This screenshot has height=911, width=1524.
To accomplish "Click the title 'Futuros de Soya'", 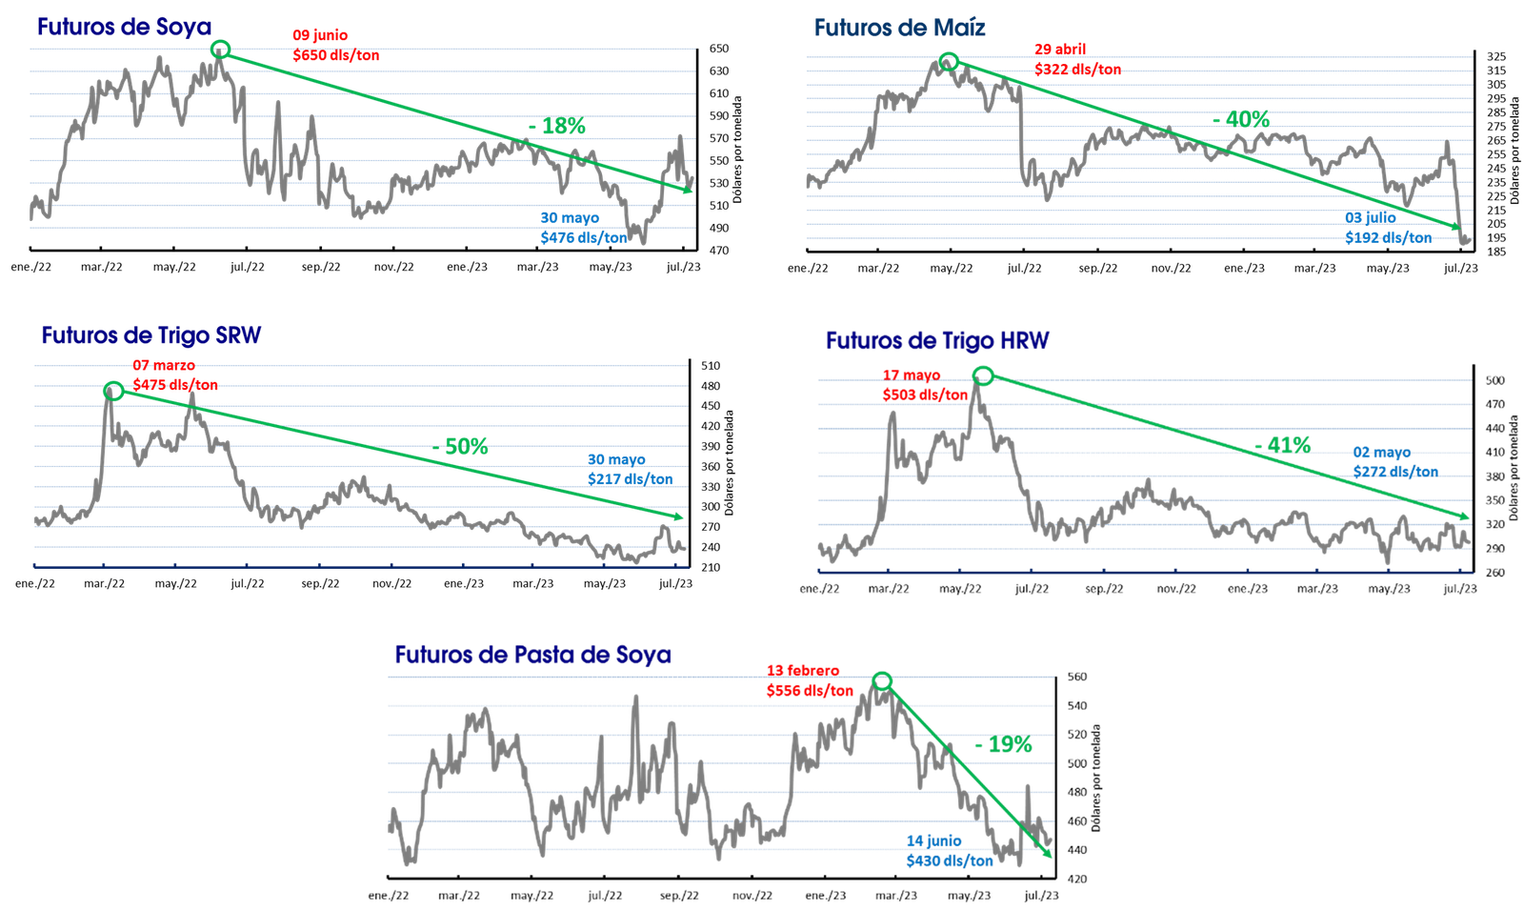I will pyautogui.click(x=123, y=28).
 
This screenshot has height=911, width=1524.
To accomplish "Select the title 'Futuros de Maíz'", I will pyautogui.click(x=899, y=29).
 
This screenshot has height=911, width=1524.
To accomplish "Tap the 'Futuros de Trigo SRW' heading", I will pyautogui.click(x=151, y=336).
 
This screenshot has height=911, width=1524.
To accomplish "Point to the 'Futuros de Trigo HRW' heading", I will pyautogui.click(x=937, y=341).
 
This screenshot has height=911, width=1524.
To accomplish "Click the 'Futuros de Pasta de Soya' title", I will pyautogui.click(x=534, y=655).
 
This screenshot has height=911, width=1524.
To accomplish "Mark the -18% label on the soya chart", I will pyautogui.click(x=558, y=127).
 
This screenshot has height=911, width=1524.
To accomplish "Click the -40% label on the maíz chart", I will pyautogui.click(x=1241, y=120).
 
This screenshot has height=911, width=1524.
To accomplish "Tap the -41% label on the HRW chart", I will pyautogui.click(x=1282, y=445).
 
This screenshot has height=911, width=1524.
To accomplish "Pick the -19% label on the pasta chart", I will pyautogui.click(x=1004, y=744).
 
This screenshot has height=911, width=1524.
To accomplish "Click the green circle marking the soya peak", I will pyautogui.click(x=221, y=50).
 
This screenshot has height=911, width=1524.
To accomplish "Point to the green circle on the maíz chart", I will pyautogui.click(x=948, y=63).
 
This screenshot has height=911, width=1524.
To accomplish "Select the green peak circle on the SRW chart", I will pyautogui.click(x=112, y=391).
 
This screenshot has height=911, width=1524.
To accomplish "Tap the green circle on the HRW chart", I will pyautogui.click(x=982, y=375).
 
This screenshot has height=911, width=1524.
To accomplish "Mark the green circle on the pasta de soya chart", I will pyautogui.click(x=883, y=680).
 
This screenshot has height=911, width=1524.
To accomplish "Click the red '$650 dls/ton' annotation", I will pyautogui.click(x=336, y=55).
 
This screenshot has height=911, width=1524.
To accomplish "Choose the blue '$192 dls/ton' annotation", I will pyautogui.click(x=1388, y=237).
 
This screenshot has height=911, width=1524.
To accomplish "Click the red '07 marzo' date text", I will pyautogui.click(x=164, y=365).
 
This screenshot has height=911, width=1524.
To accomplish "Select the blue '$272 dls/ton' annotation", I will pyautogui.click(x=1395, y=472).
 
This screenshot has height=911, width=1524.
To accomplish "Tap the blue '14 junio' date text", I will pyautogui.click(x=933, y=840).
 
